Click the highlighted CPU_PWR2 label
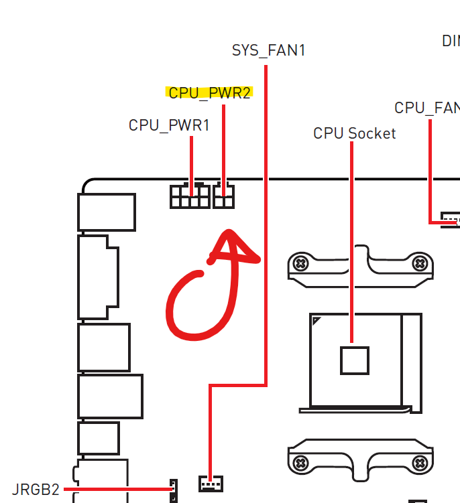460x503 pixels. (x=209, y=93)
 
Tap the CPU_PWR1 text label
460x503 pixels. (x=169, y=125)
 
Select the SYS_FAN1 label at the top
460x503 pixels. (x=268, y=50)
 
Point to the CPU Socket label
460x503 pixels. (x=354, y=133)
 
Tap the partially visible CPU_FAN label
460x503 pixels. (x=426, y=108)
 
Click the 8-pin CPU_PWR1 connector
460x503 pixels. (x=190, y=196)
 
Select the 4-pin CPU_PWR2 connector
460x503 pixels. (x=223, y=196)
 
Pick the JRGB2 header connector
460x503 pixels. (x=174, y=491)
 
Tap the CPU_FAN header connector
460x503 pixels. (x=451, y=220)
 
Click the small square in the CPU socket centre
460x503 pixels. (x=354, y=360)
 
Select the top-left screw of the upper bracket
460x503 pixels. (x=301, y=263)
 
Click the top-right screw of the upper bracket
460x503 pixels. (x=420, y=263)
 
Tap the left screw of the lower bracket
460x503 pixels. (x=301, y=461)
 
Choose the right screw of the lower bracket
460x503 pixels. (x=420, y=461)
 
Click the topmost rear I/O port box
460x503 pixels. (x=107, y=212)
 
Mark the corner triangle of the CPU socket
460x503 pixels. (x=315, y=322)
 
